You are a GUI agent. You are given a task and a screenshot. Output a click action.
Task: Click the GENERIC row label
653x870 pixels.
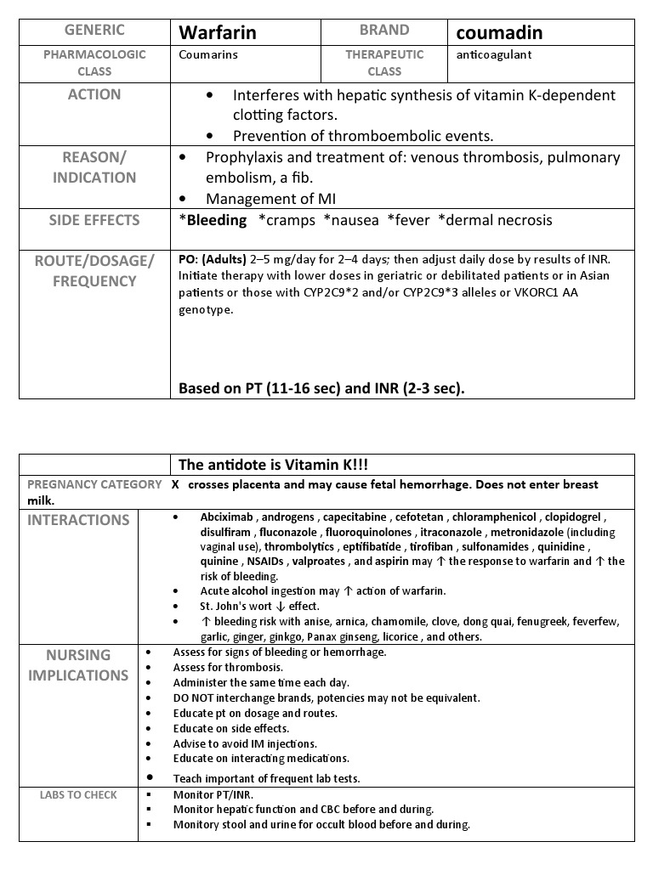(94, 31)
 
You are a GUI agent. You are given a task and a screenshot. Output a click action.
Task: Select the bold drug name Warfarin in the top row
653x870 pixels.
(217, 33)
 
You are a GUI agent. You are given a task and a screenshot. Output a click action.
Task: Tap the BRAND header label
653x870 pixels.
(383, 31)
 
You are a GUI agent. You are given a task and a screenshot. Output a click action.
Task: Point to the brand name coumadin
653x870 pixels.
(499, 33)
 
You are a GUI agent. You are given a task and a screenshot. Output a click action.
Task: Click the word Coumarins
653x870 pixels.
(207, 54)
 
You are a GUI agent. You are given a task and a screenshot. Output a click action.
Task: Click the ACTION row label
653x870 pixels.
(94, 94)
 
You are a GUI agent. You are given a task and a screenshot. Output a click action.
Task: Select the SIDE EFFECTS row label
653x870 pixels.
(94, 220)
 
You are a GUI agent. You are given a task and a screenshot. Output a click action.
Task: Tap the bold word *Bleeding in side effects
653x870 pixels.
(213, 220)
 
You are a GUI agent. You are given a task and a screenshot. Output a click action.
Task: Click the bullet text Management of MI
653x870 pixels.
(270, 199)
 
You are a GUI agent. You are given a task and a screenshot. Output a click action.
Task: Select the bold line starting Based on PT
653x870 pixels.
(321, 388)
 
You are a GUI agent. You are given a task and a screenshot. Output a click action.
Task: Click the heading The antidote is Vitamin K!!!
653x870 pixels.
(273, 464)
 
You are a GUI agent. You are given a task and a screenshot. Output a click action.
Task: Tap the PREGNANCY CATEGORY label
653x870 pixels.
(94, 484)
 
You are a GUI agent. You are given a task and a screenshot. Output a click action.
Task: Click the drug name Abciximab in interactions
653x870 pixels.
(227, 517)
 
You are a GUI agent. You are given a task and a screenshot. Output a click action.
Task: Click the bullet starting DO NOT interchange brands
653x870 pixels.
(326, 698)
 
